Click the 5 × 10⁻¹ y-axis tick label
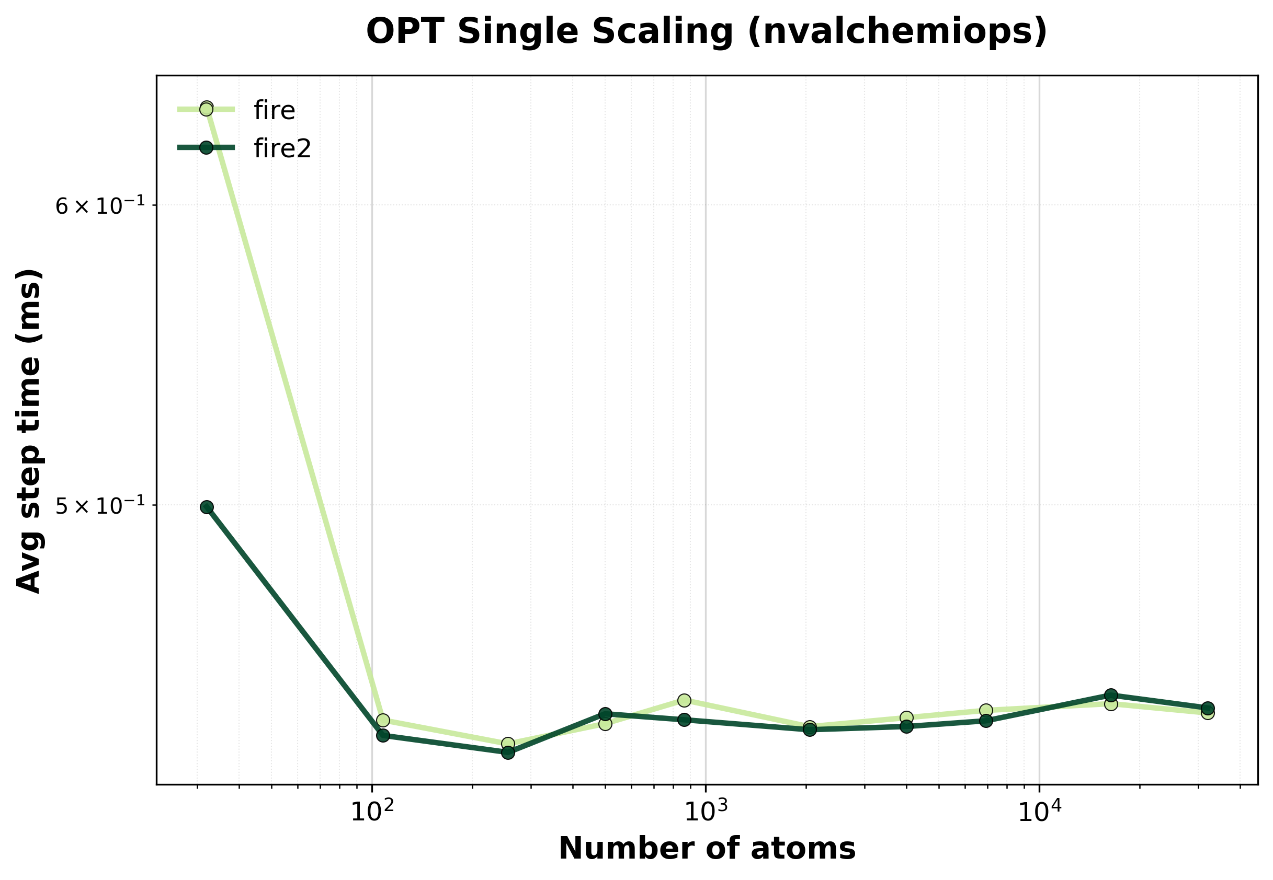[100, 505]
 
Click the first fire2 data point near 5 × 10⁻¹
[207, 507]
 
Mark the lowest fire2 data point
[508, 752]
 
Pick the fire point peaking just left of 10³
[684, 700]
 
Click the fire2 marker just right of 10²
[383, 735]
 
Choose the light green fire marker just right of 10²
[383, 720]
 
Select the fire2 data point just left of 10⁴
[986, 721]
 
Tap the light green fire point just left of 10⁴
[986, 710]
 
